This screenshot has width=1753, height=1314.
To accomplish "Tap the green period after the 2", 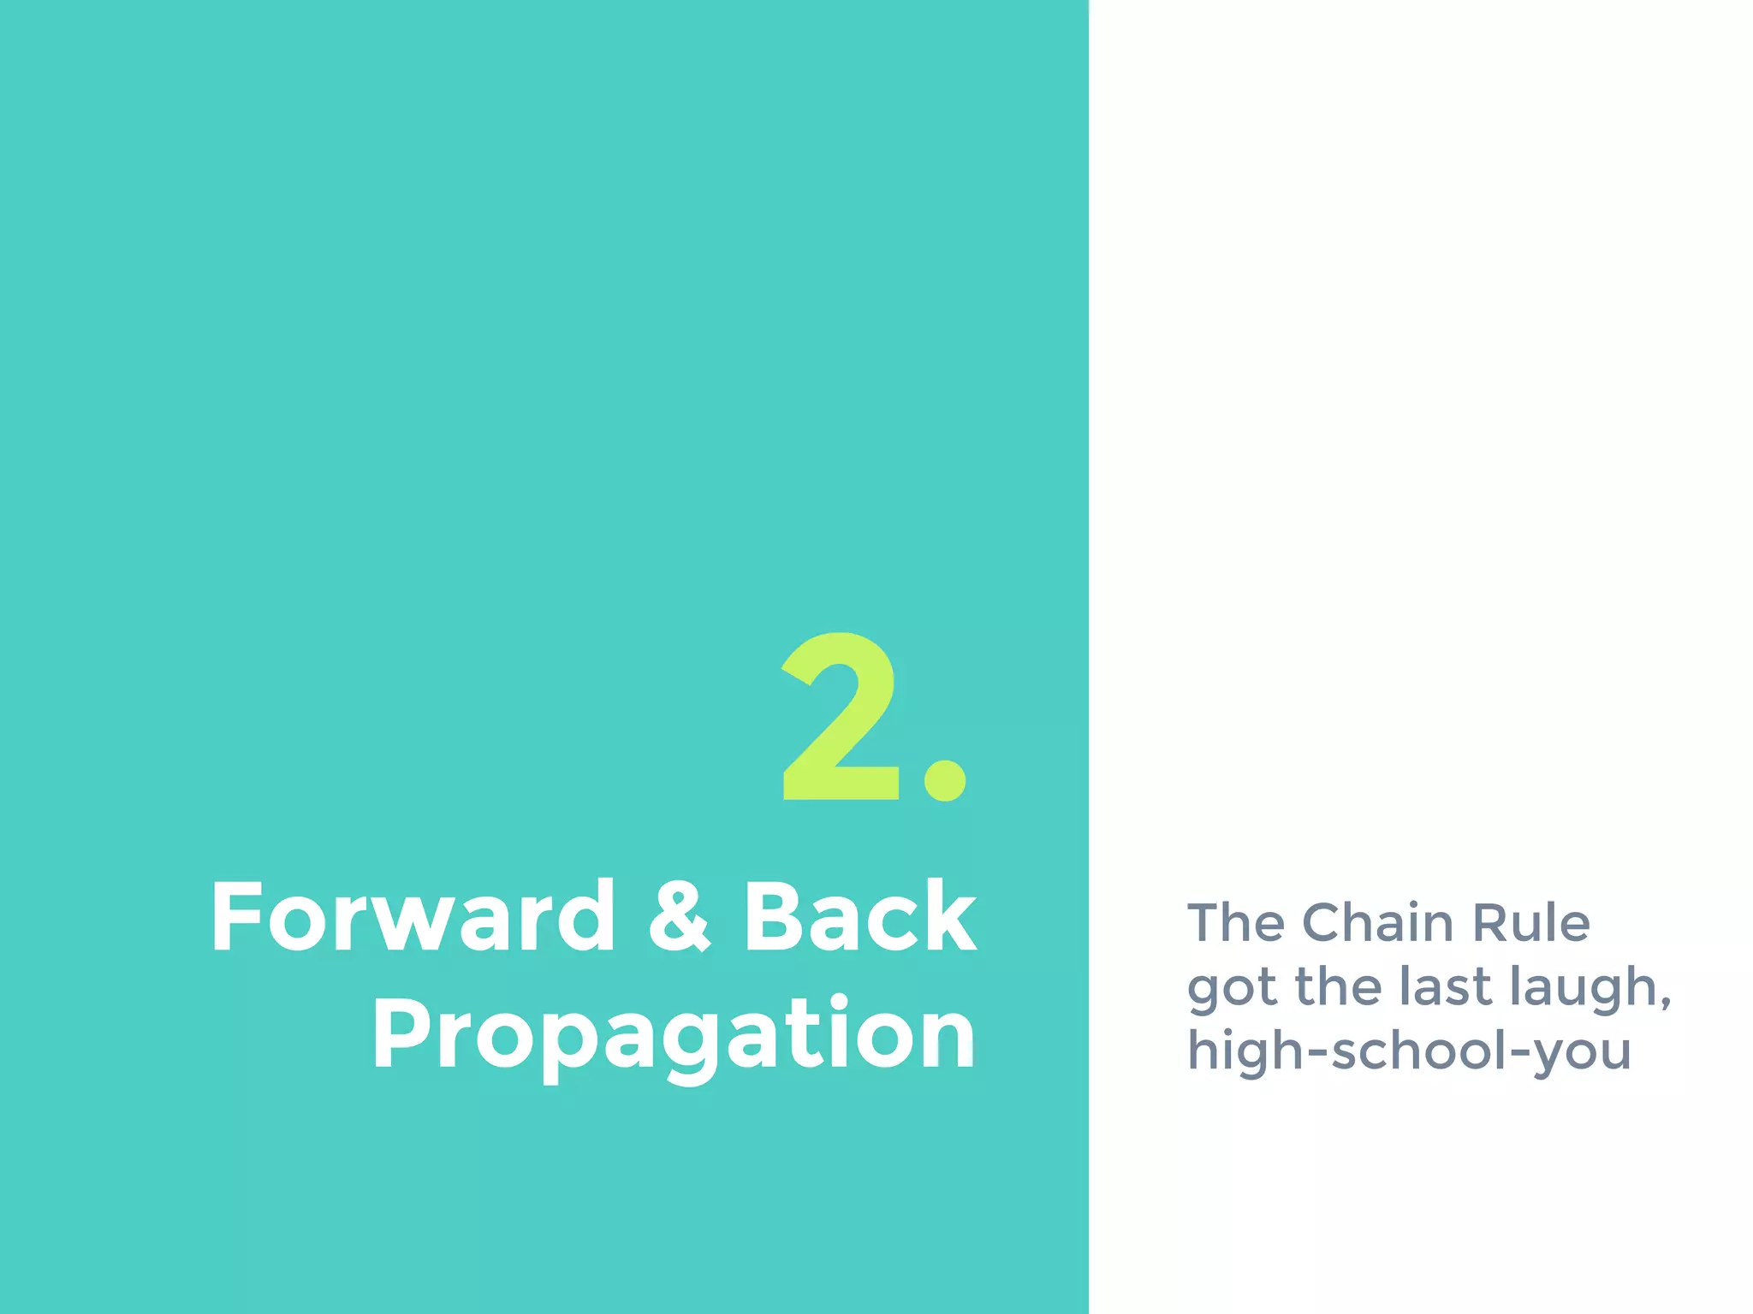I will click(945, 780).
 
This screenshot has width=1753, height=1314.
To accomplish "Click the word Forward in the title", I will click(413, 916).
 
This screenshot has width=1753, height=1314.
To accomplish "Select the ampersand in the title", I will click(679, 916).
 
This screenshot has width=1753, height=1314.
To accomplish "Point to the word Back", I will click(859, 916).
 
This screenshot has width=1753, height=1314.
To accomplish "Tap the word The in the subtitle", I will click(1236, 923).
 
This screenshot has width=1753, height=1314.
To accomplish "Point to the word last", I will click(1446, 986).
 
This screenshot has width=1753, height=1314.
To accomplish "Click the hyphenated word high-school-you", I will click(1409, 1052).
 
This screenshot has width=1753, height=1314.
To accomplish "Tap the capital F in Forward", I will click(235, 916).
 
